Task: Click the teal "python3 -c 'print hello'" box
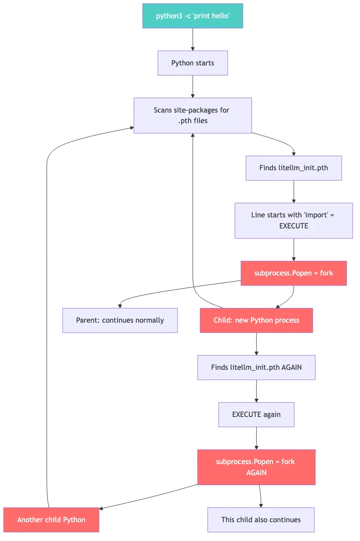point(193,16)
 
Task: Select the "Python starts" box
point(193,63)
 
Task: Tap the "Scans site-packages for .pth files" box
point(193,115)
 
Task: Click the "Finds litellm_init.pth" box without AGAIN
point(293,168)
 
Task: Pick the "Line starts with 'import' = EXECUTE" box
point(293,221)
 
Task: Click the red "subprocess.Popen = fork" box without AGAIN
point(293,273)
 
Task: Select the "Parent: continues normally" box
point(120,320)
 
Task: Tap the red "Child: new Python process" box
point(256,320)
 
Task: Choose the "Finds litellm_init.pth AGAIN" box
point(256,368)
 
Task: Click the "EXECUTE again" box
point(256,415)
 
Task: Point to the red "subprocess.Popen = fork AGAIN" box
point(256,467)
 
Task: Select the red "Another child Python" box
point(51,520)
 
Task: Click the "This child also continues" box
point(261,520)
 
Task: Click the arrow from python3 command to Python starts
point(193,39)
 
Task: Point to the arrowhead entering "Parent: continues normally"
point(120,306)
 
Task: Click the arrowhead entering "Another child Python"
point(102,508)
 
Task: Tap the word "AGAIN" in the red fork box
point(256,472)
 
